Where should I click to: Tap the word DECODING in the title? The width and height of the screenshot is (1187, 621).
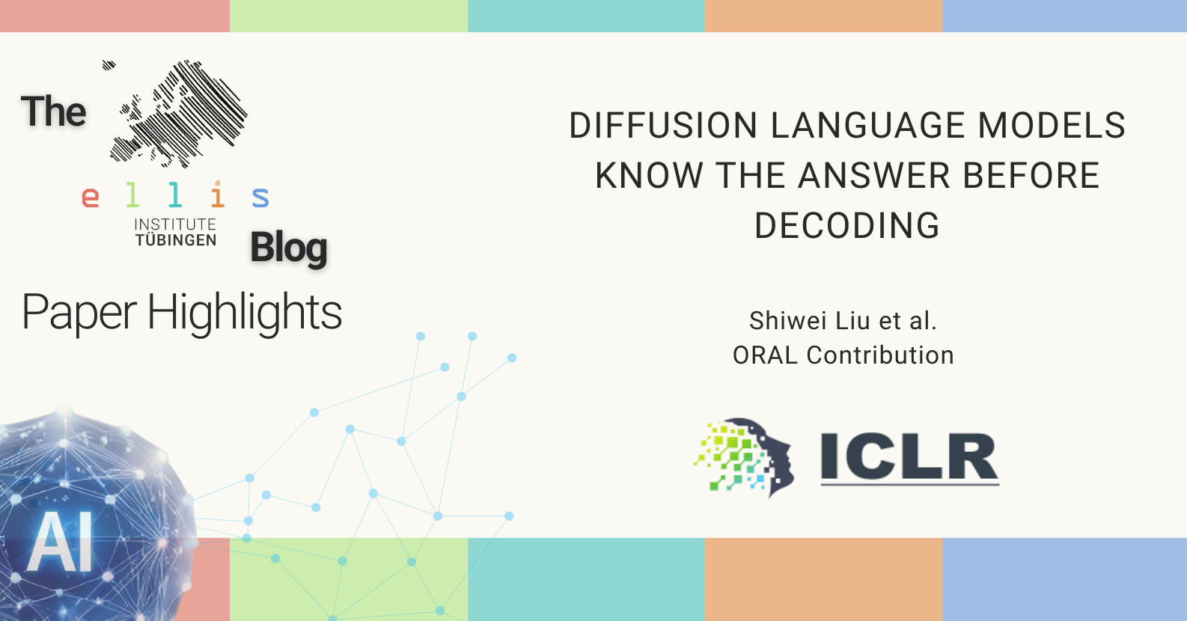pos(846,226)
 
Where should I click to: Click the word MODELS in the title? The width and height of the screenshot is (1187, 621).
pos(1052,126)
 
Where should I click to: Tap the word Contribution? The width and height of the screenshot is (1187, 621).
pos(880,355)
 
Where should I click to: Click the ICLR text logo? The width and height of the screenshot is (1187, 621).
pos(909,458)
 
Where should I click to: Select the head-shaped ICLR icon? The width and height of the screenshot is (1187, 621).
pos(744,457)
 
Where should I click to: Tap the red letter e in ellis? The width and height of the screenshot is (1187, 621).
pos(90,197)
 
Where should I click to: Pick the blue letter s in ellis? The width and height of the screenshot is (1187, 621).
pos(260,197)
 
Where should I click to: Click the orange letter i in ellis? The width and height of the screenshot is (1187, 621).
pos(217,194)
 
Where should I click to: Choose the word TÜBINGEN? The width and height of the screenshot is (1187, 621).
pos(175,240)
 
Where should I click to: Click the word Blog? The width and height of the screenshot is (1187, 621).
pos(289,248)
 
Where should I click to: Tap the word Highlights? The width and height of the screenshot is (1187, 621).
pos(244,313)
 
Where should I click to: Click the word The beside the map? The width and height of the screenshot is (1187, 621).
pos(54,111)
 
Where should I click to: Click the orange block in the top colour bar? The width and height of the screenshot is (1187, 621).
pos(823,16)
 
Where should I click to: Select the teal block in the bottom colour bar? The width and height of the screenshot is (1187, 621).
pos(586,580)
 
